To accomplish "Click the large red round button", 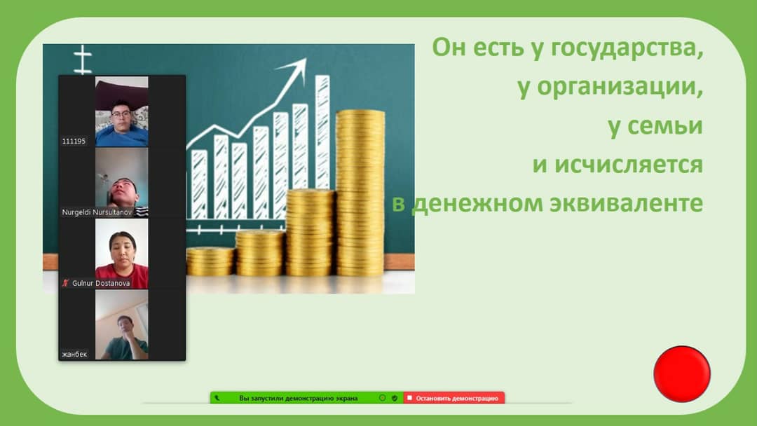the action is click(x=682, y=373).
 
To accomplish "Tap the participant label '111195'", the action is click(x=74, y=142).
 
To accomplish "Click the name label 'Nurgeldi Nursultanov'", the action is click(x=97, y=212).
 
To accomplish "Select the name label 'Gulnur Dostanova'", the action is click(x=101, y=283).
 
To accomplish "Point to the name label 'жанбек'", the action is click(x=74, y=354).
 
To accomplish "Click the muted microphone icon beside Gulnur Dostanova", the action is click(x=66, y=283).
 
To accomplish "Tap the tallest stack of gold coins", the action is click(x=361, y=193).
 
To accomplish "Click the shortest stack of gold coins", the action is click(x=210, y=261).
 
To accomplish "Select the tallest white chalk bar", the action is click(x=322, y=132).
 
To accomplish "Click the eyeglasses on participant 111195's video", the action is click(x=121, y=114).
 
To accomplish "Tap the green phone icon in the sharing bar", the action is click(x=217, y=398).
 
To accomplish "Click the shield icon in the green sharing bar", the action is click(x=395, y=398).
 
